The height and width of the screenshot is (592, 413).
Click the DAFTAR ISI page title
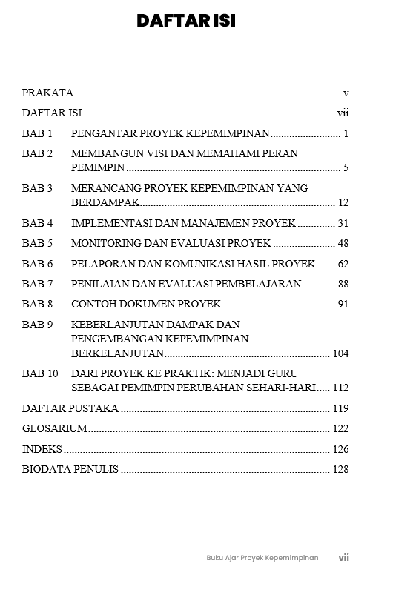coord(186,21)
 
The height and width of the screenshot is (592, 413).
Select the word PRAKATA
coord(47,93)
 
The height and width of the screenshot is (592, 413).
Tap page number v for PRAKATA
coord(346,93)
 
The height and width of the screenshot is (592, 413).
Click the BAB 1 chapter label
coord(37,134)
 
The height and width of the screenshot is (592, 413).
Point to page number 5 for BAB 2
coord(346,168)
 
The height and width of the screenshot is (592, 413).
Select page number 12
coord(343,202)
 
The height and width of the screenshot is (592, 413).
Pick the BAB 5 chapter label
coord(37,243)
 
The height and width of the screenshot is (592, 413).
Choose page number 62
coord(343,264)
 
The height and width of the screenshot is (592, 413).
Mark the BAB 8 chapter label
coord(37,304)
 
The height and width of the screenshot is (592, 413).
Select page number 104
coord(340,353)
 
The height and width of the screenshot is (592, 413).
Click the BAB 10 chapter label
coord(40,373)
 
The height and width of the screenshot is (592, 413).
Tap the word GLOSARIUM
coord(55,428)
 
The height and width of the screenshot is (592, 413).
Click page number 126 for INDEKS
coord(340,449)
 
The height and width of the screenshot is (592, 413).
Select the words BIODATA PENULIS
coord(70,469)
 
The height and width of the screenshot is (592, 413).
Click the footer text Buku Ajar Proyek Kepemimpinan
coord(262,558)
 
